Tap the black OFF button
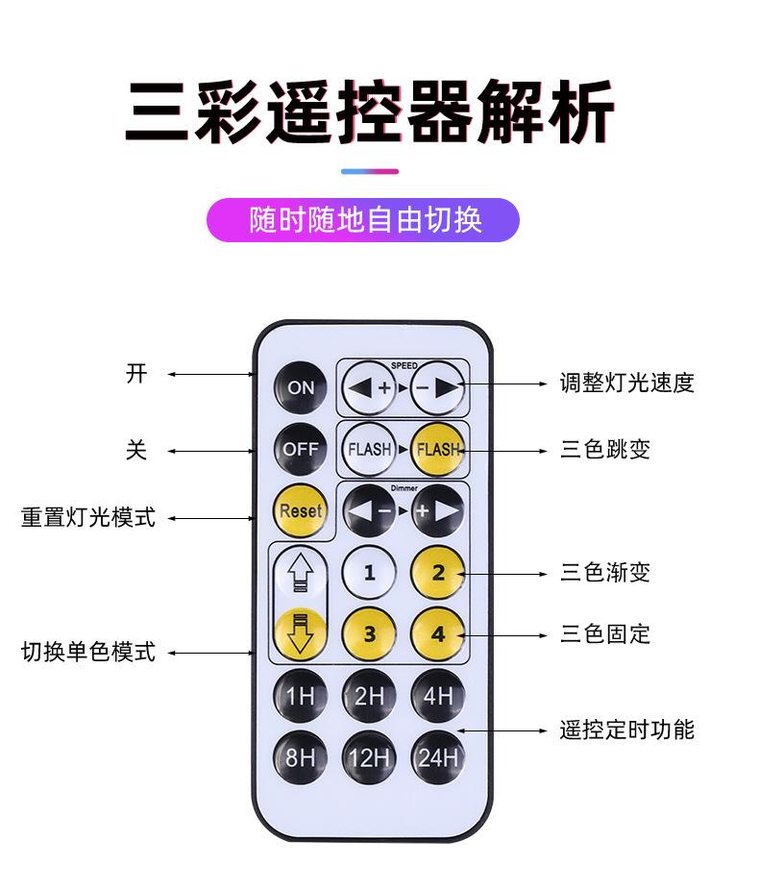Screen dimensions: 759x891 pyautogui.click(x=300, y=449)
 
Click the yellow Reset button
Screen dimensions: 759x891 pyautogui.click(x=300, y=510)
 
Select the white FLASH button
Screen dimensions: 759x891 pyautogui.click(x=369, y=449)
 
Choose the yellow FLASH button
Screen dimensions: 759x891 pyautogui.click(x=438, y=449)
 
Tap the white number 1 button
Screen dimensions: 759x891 pyautogui.click(x=369, y=573)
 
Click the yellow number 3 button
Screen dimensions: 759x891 pyautogui.click(x=369, y=634)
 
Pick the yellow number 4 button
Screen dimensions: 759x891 pyautogui.click(x=438, y=634)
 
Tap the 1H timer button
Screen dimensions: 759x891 pyautogui.click(x=300, y=696)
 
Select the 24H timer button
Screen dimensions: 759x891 pyautogui.click(x=438, y=757)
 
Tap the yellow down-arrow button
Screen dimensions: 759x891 pyautogui.click(x=300, y=632)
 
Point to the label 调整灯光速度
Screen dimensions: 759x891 pyautogui.click(x=626, y=384)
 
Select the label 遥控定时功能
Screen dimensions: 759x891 pyautogui.click(x=626, y=730)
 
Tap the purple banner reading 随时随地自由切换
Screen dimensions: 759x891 pyautogui.click(x=364, y=220)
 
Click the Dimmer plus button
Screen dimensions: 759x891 pyautogui.click(x=437, y=510)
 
